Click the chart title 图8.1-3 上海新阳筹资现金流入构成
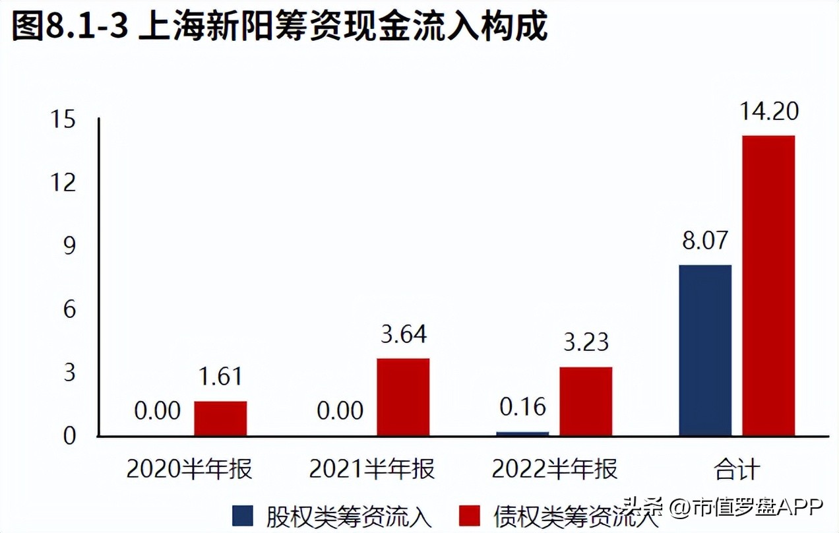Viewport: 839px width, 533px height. coord(280,28)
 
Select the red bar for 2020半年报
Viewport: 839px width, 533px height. coord(220,418)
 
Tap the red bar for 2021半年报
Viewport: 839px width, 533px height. coord(402,397)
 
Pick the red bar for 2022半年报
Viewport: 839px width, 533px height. coord(586,401)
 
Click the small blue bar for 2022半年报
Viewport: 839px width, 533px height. coord(522,433)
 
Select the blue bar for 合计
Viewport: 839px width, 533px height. coord(705,350)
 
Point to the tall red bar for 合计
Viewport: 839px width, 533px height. coord(768,286)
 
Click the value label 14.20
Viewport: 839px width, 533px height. coord(768,111)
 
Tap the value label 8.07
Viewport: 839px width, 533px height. coord(705,240)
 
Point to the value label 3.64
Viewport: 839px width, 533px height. coord(404,334)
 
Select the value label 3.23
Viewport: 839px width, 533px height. coord(586,343)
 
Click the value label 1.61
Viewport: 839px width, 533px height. coord(220,377)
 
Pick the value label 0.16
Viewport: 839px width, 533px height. coord(522,407)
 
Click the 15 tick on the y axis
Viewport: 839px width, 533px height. coord(66,120)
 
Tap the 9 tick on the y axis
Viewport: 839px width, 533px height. coord(70,246)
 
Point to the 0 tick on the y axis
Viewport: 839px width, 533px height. coord(70,436)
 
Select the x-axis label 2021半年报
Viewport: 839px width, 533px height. coord(372,470)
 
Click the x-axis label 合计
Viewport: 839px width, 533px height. coord(737,470)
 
